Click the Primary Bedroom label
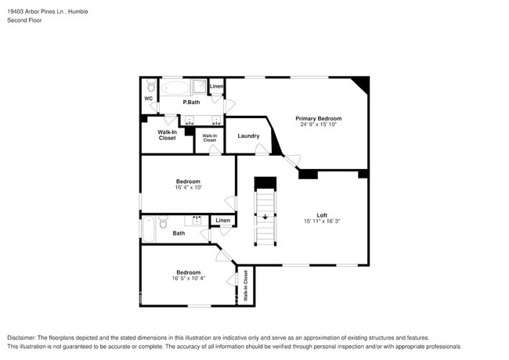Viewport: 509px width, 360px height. coord(319,118)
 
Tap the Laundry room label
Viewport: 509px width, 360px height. coord(248,136)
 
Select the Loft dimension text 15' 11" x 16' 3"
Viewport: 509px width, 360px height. coord(321,221)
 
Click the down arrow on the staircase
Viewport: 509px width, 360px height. coord(265,217)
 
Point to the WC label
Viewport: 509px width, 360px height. coord(148,99)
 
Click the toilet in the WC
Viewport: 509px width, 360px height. coord(149,85)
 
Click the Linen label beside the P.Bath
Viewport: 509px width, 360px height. coord(217,86)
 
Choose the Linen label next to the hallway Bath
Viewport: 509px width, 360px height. coord(223,221)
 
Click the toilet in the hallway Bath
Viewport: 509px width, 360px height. coord(162,224)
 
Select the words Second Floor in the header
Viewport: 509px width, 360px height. coord(24,20)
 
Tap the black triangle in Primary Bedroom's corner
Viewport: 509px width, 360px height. coord(361,84)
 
